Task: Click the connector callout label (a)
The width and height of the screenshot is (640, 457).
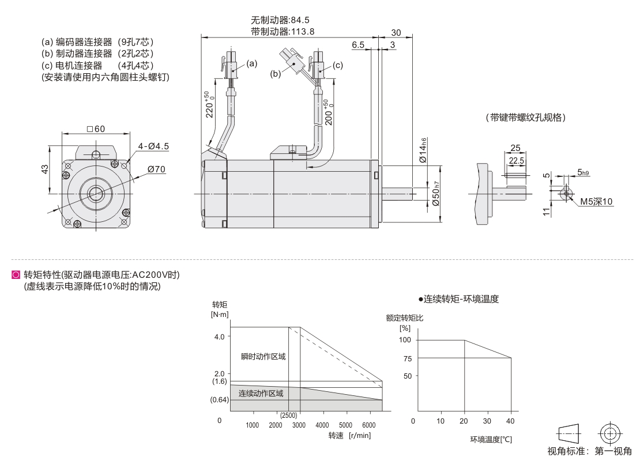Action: tap(252, 63)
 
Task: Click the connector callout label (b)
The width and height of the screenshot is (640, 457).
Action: tap(276, 74)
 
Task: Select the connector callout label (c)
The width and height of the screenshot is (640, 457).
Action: tap(337, 65)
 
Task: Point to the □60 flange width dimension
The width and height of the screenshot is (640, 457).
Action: tap(96, 129)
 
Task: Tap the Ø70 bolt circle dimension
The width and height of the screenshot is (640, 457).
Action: tap(156, 169)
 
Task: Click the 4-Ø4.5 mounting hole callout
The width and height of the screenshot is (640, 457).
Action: tap(153, 146)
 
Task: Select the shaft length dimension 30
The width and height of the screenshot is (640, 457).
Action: tap(396, 33)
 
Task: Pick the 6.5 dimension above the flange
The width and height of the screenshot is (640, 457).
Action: tap(358, 44)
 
